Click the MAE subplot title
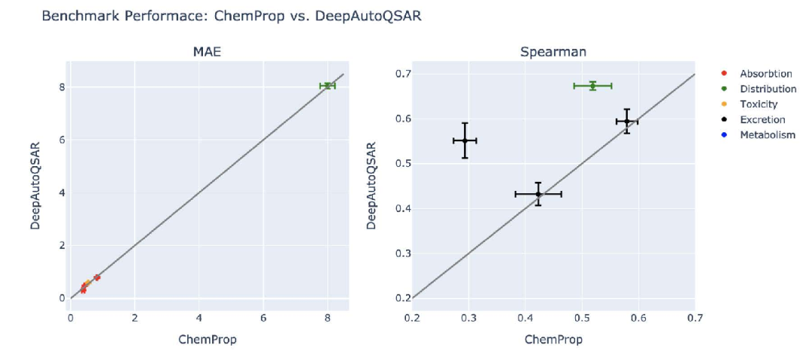tap(208, 52)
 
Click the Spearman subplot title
tap(553, 52)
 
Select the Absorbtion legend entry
tap(765, 74)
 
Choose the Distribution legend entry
tap(768, 89)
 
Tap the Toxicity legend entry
tap(759, 104)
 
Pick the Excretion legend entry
tap(762, 119)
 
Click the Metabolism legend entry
tap(767, 135)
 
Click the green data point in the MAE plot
tap(327, 86)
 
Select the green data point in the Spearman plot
tap(592, 86)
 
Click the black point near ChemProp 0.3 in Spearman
tap(465, 141)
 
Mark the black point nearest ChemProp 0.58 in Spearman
tap(626, 121)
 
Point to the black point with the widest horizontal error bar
tap(538, 194)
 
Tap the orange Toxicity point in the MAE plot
tap(88, 283)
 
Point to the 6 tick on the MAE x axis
tap(263, 317)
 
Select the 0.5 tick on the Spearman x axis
tap(581, 317)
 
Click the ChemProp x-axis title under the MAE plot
tap(208, 340)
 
